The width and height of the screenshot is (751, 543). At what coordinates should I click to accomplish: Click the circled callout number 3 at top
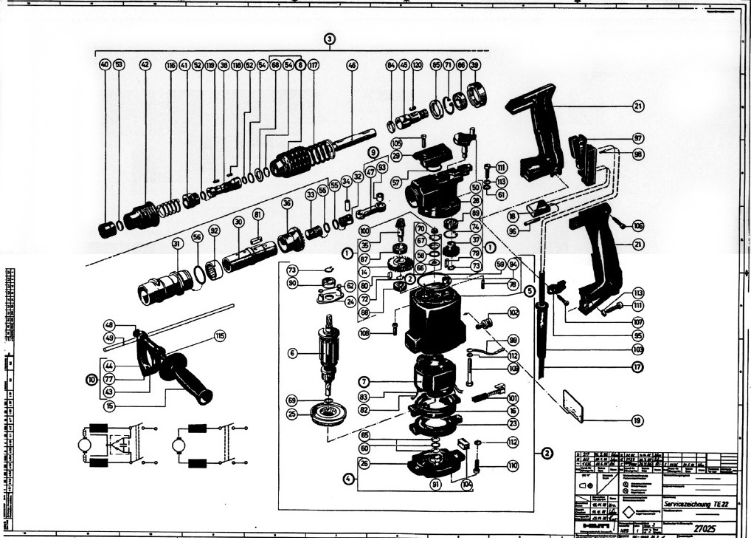(330, 38)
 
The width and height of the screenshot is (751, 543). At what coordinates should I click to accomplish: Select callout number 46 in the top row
(352, 65)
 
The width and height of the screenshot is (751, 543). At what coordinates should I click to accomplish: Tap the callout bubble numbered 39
(475, 65)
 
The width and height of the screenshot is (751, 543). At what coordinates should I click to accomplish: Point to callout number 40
(105, 65)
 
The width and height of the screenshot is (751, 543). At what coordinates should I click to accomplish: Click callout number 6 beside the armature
(293, 354)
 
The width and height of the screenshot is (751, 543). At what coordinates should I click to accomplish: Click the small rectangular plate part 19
(572, 406)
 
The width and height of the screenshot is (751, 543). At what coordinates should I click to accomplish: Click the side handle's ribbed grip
(188, 375)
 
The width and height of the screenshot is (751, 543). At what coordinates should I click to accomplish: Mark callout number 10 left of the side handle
(91, 379)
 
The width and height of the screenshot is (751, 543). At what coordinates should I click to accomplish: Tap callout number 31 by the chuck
(177, 244)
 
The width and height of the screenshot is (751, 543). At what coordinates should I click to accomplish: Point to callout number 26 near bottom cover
(364, 464)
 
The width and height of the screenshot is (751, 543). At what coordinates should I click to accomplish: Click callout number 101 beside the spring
(513, 397)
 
